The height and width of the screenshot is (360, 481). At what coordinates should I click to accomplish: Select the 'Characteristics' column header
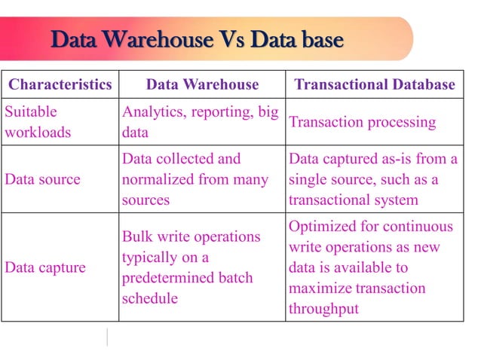pos(60,84)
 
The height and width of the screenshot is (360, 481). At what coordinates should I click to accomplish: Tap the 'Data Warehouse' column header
pos(202,84)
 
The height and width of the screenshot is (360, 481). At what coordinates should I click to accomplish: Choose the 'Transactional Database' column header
pos(375,84)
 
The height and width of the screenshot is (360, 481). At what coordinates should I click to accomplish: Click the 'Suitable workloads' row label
pos(38,122)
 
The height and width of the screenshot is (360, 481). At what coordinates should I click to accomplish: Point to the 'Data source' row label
pos(44,180)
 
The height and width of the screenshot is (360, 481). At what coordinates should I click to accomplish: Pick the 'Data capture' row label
pos(45,267)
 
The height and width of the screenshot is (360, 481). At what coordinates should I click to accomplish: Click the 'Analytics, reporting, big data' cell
pos(200,122)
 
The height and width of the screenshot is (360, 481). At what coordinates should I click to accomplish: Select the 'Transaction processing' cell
pos(363,122)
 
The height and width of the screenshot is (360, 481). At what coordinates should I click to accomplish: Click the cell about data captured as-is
pos(373,180)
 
